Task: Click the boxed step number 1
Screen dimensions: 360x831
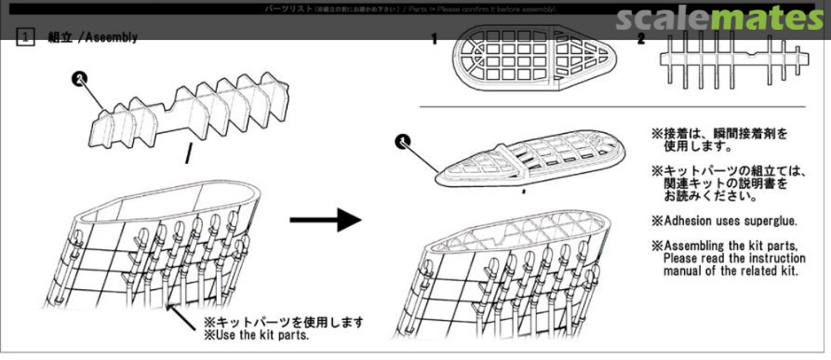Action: click(26, 37)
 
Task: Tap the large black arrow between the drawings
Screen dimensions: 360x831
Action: click(325, 220)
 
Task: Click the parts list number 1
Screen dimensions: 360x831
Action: click(434, 38)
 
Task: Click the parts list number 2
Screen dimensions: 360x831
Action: click(641, 38)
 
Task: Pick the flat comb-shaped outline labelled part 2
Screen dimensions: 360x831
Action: click(731, 62)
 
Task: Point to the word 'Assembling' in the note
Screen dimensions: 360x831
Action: click(699, 246)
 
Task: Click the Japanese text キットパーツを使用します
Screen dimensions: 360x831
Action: click(282, 322)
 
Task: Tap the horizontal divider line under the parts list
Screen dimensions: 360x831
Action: click(612, 106)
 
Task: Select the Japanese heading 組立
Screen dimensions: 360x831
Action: click(59, 37)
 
